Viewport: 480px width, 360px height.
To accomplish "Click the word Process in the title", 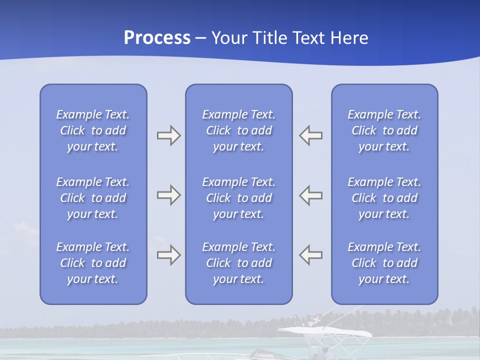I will tap(157, 38).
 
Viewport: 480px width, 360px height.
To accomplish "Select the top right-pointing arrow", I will tap(169, 135).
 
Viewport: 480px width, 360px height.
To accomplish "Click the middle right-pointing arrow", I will tap(169, 195).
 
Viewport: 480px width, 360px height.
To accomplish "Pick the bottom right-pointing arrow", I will tap(169, 255).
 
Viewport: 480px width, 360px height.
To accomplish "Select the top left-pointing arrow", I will tap(310, 135).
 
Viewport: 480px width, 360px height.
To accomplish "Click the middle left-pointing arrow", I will tap(310, 195).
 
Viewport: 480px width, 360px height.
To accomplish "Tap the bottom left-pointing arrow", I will tap(310, 255).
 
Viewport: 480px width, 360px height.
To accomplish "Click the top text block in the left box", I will tap(93, 130).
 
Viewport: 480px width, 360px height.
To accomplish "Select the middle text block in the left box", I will tap(93, 198).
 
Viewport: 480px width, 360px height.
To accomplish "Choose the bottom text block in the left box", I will tap(93, 263).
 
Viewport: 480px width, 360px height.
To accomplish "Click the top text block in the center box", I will tap(238, 130).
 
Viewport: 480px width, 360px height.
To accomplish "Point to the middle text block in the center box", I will tap(238, 198).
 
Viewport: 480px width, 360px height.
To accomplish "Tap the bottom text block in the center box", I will tap(238, 263).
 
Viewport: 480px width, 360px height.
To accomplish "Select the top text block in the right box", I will tap(384, 130).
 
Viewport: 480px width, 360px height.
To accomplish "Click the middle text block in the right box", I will tap(384, 198).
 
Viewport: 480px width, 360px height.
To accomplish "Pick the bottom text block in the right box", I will tap(384, 263).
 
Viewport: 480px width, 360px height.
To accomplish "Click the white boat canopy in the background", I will tap(325, 331).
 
